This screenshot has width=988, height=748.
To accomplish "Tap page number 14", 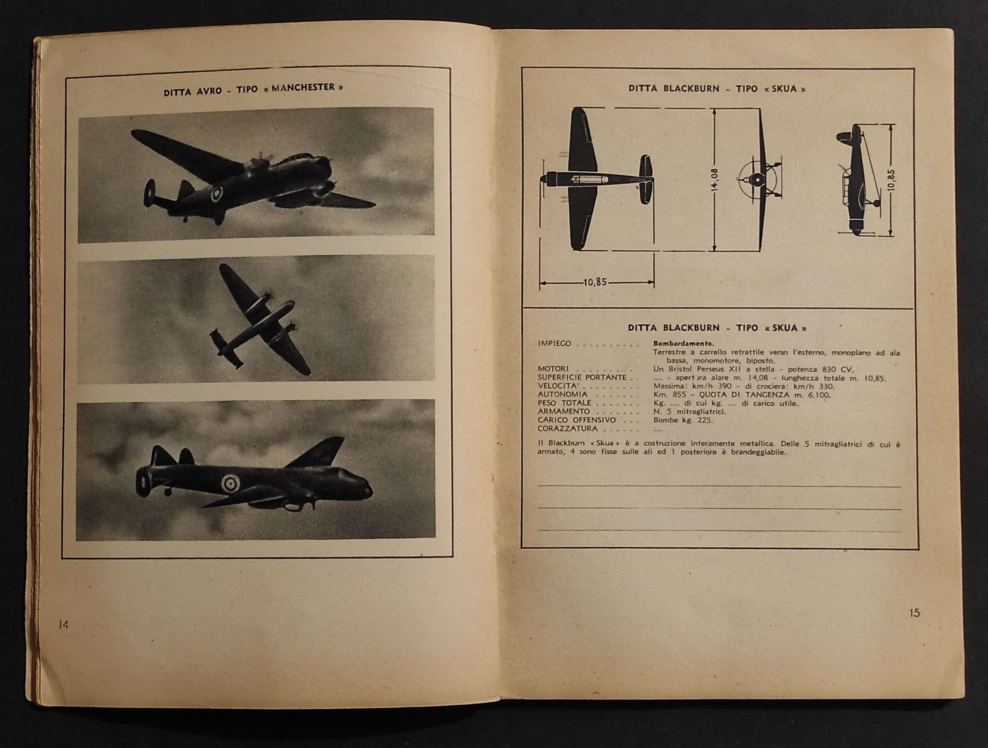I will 63,625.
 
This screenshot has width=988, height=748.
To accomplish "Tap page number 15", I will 914,613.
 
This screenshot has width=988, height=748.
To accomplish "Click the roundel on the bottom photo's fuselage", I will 230,483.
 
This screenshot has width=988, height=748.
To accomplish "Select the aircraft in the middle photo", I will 259,319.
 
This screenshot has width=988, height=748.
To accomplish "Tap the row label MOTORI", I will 553,369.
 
